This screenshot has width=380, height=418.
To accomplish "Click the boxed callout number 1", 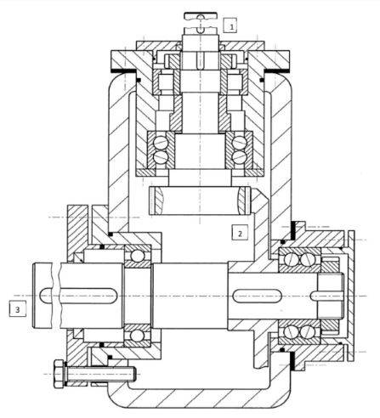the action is [x=230, y=25].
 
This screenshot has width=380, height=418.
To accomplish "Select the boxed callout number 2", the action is [x=240, y=233].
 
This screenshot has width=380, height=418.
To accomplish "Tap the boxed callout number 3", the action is [x=17, y=308].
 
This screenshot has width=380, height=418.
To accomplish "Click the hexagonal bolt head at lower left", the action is [x=59, y=374].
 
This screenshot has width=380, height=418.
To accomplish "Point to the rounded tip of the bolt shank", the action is [x=134, y=374].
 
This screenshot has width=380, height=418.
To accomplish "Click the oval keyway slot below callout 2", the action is [x=257, y=297].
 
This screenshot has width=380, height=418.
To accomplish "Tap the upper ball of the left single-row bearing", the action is [x=138, y=256].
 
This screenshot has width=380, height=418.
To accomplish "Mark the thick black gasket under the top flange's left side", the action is [x=123, y=70].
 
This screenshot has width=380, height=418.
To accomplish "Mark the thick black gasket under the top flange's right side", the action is [x=277, y=70].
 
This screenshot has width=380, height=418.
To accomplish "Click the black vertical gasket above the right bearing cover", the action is [x=293, y=229].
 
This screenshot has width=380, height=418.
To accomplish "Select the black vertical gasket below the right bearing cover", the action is [x=293, y=361].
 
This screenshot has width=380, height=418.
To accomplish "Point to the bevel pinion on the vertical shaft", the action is [x=200, y=201].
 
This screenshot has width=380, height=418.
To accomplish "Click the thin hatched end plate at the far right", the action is [x=351, y=296].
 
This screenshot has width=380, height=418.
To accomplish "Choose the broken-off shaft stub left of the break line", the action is [x=43, y=296].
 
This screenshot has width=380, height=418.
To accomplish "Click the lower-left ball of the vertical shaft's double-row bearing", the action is [x=160, y=156].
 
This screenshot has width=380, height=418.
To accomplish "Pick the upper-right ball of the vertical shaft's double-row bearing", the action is [x=240, y=141].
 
